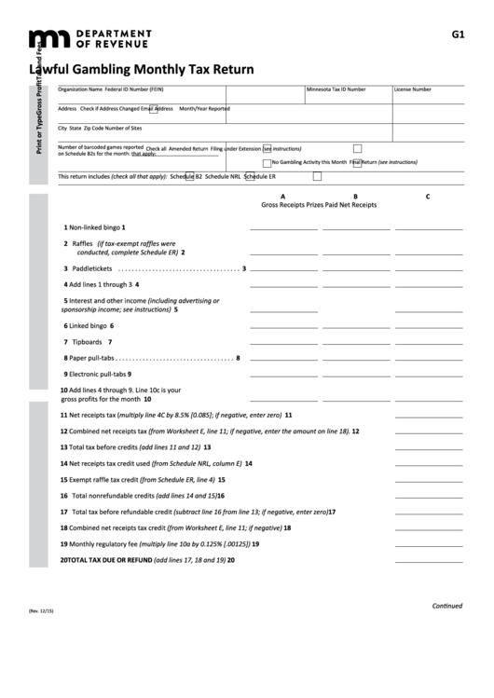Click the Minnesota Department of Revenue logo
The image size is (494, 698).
click(x=90, y=38)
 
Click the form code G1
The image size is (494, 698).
click(x=458, y=34)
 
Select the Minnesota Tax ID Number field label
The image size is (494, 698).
click(x=336, y=89)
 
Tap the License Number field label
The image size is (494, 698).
click(x=412, y=89)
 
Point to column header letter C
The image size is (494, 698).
click(x=427, y=196)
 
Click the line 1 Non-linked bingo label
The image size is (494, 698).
click(x=93, y=226)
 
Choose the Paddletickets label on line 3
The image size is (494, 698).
click(x=92, y=269)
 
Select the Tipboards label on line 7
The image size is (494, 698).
click(x=87, y=342)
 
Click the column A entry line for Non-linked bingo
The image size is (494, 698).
click(x=282, y=227)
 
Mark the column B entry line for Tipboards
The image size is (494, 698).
click(x=354, y=342)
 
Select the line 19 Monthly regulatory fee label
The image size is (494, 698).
click(x=112, y=543)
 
